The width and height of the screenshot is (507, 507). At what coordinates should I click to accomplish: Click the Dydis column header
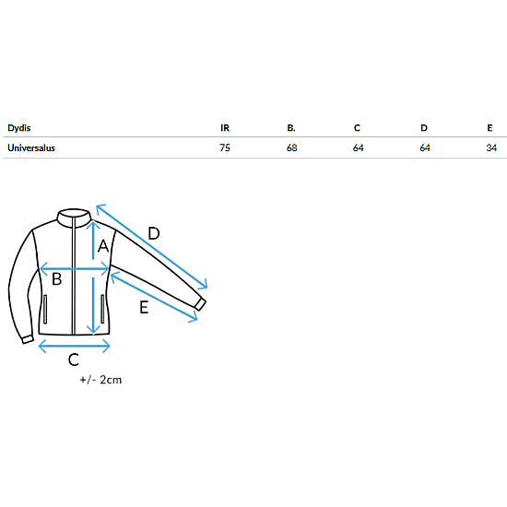(x=19, y=128)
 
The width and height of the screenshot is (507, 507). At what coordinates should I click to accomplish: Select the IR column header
(x=225, y=128)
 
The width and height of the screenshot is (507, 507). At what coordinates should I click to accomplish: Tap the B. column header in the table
(x=291, y=128)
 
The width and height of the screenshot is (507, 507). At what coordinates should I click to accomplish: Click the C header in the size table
(x=357, y=128)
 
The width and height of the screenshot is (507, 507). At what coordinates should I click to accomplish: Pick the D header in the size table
(x=424, y=128)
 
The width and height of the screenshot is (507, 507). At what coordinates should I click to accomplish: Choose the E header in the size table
(x=489, y=128)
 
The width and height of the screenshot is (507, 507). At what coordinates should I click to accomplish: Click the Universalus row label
(x=31, y=147)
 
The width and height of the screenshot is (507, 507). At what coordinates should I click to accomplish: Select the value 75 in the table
(x=225, y=147)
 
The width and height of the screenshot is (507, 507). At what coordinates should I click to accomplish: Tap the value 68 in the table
(x=291, y=147)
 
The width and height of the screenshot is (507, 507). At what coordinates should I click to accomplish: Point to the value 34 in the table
(x=491, y=147)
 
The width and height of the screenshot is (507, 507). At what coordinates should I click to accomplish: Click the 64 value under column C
(x=359, y=147)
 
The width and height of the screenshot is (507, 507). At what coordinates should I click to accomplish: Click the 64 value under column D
(x=425, y=147)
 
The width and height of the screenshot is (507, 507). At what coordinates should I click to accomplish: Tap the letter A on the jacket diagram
(x=103, y=246)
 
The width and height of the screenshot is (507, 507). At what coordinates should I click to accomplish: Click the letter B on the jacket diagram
(x=57, y=278)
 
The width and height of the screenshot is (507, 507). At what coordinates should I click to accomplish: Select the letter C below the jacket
(x=74, y=360)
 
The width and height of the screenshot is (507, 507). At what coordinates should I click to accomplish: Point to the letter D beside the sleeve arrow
(x=154, y=233)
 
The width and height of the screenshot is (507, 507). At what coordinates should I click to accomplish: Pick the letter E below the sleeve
(x=144, y=307)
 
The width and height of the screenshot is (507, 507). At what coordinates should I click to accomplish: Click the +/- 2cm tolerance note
(x=100, y=380)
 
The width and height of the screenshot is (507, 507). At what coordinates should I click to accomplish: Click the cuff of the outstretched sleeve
(x=201, y=304)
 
